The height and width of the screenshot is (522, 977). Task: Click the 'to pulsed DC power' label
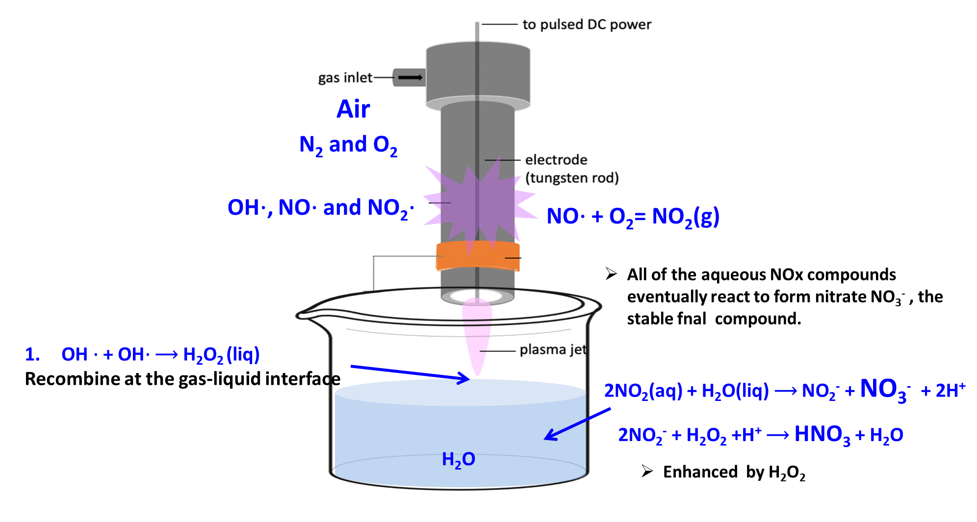point(587,25)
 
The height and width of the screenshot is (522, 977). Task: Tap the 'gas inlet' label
point(345,78)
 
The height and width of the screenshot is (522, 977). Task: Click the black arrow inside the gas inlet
point(410,77)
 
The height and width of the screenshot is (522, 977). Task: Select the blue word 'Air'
point(353,109)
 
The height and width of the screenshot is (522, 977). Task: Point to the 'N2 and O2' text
point(348,145)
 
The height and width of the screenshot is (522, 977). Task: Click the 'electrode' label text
point(556,160)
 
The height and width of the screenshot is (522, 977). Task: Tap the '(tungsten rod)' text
point(572,178)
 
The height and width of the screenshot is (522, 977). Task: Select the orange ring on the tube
point(478,255)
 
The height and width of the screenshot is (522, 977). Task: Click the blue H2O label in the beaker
point(458,460)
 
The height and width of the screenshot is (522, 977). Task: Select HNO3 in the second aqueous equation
point(822,435)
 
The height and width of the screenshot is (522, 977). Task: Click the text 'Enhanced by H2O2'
point(734,472)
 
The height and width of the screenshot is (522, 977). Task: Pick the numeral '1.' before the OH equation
point(32,354)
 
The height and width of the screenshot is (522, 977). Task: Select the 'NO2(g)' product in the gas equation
point(685,217)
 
